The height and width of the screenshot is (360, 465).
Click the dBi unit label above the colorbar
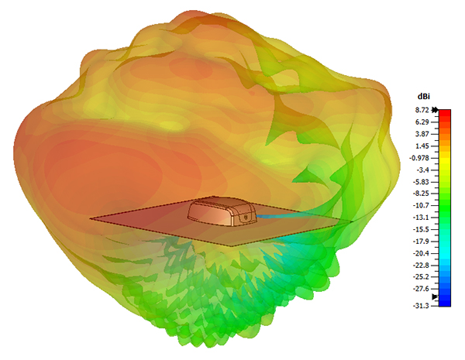click(423, 96)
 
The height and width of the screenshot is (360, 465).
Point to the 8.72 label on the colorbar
click(422, 110)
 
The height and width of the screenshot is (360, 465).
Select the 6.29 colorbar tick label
click(422, 122)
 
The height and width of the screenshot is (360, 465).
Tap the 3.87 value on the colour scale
click(422, 134)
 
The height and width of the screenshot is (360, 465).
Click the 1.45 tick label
click(422, 146)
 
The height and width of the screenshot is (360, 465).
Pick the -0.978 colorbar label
click(419, 158)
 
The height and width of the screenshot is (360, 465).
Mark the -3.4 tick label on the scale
click(423, 170)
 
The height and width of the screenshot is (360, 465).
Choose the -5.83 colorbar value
click(421, 182)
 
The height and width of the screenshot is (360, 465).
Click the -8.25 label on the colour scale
click(421, 194)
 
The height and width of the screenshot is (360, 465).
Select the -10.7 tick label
click(421, 205)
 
